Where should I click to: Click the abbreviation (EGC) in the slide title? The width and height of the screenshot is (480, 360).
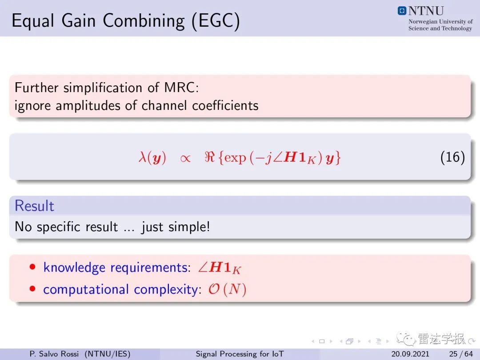click(x=216, y=21)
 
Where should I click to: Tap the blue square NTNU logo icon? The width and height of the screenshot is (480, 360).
click(x=402, y=11)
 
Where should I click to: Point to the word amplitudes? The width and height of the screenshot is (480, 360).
click(x=88, y=106)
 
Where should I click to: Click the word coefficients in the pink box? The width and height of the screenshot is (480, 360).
click(x=225, y=105)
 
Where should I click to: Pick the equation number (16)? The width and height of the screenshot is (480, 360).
click(x=452, y=157)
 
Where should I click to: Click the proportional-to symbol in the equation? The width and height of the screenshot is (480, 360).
click(x=185, y=158)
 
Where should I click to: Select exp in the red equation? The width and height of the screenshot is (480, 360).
click(x=235, y=158)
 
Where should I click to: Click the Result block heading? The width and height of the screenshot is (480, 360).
click(x=34, y=206)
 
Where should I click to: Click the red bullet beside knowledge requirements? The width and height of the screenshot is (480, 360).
click(x=32, y=267)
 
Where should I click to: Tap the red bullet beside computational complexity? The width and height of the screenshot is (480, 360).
click(x=32, y=289)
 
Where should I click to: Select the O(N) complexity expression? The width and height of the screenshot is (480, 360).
click(x=228, y=289)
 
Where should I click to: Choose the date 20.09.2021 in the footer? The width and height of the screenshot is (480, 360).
click(x=410, y=354)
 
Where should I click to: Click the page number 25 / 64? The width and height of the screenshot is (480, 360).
click(x=461, y=354)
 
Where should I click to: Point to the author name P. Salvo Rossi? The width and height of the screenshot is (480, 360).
click(x=54, y=354)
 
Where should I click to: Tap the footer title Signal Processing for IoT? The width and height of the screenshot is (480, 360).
click(x=240, y=354)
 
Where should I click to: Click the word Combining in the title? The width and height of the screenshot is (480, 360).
click(x=144, y=21)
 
